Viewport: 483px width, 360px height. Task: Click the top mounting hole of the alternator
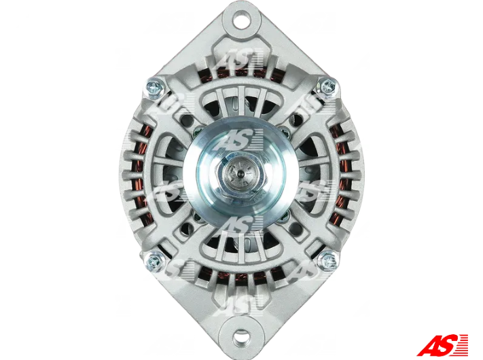tap(242, 18)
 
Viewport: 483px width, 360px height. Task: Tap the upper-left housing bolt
tap(155, 87)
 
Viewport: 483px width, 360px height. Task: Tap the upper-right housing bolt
tap(327, 86)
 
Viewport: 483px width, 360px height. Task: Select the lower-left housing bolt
tap(154, 261)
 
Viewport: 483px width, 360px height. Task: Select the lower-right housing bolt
tap(327, 261)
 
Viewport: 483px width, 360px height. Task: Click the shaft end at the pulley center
tap(241, 175)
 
